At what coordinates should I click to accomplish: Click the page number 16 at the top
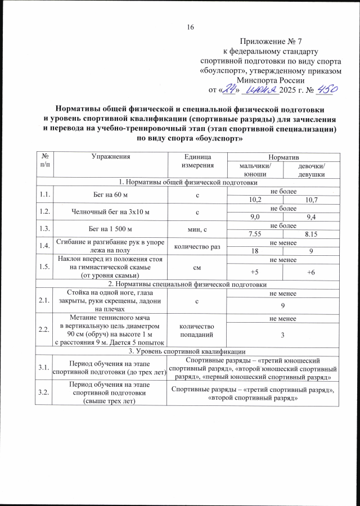(x=190, y=27)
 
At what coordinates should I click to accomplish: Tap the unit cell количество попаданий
(x=196, y=329)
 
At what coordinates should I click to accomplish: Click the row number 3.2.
(x=43, y=392)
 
